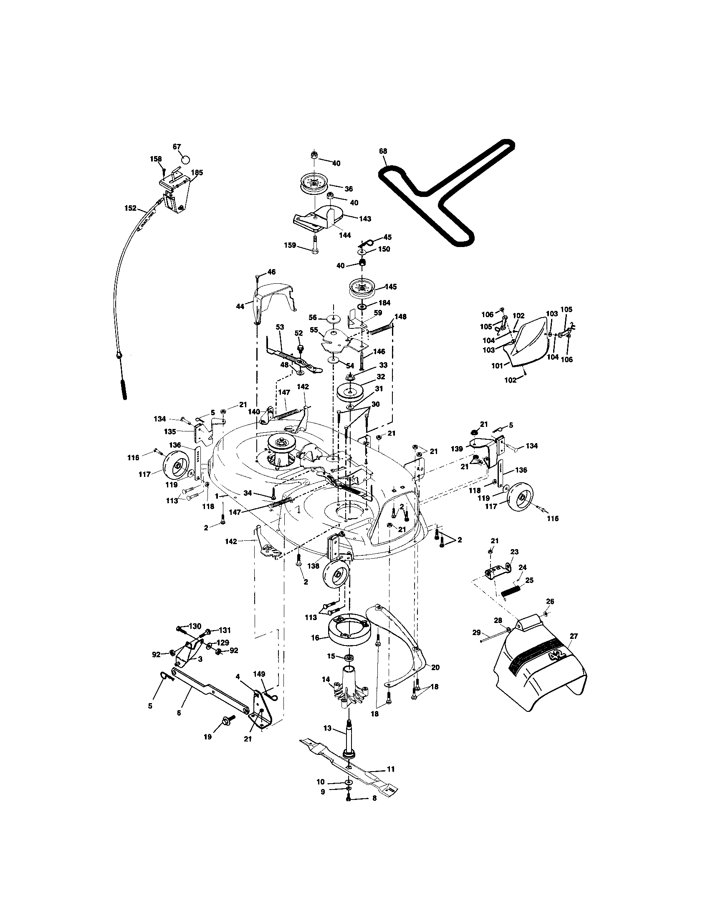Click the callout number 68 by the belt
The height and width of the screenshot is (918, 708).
(382, 151)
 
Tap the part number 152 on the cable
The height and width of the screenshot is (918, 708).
(131, 208)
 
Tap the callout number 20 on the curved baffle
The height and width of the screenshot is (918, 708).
(435, 667)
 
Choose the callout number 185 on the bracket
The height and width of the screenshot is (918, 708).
(197, 172)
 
